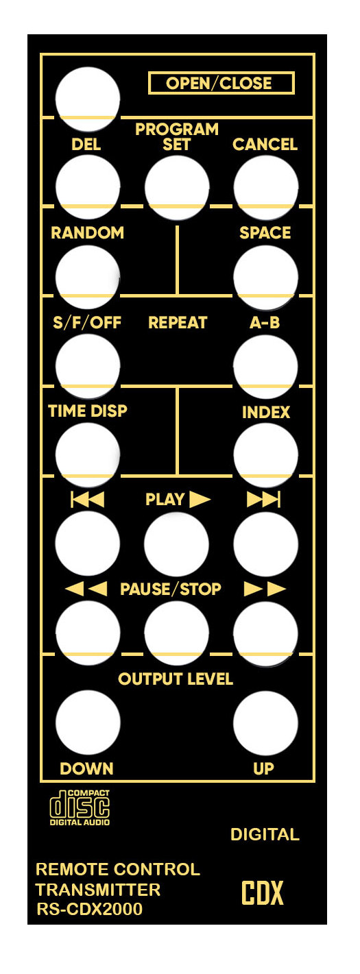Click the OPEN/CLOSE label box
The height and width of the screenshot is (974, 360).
[221, 83]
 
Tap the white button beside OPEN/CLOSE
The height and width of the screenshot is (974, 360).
[87, 99]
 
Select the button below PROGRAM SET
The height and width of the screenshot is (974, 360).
[177, 188]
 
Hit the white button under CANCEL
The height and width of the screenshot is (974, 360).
[265, 188]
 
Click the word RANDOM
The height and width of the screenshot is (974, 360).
[87, 232]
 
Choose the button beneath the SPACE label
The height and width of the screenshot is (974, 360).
[265, 278]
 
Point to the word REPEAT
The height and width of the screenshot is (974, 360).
[178, 323]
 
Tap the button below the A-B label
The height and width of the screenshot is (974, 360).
[265, 367]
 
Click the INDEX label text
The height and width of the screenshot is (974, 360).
[265, 413]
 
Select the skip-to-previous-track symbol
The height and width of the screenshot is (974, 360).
[87, 500]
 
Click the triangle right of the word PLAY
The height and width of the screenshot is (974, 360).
[200, 499]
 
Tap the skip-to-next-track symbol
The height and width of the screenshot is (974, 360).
[263, 500]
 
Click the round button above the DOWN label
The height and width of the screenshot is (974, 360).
[87, 722]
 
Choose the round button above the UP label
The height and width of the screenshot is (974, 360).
[265, 722]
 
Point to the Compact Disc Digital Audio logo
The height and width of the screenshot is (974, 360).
[80, 807]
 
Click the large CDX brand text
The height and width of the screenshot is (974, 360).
[262, 892]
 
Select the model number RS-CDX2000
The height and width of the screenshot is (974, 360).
[90, 909]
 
